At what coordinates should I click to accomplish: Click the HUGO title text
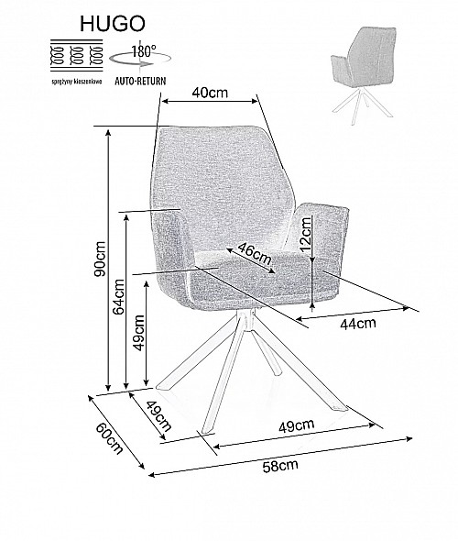pyautogui.click(x=113, y=24)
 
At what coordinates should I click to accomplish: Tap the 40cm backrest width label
pyautogui.click(x=210, y=93)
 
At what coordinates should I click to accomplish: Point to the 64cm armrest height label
pyautogui.click(x=119, y=296)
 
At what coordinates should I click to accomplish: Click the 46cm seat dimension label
pyautogui.click(x=255, y=253)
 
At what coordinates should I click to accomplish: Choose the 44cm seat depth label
pyautogui.click(x=358, y=324)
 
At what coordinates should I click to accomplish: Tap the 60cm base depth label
pyautogui.click(x=109, y=437)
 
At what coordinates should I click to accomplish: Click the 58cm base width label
pyautogui.click(x=280, y=466)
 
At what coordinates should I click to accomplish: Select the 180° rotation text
pyautogui.click(x=145, y=51)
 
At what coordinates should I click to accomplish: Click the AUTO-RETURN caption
pyautogui.click(x=140, y=81)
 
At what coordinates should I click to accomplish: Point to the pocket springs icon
pyautogui.click(x=77, y=56)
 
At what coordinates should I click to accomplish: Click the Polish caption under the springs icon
pyautogui.click(x=77, y=82)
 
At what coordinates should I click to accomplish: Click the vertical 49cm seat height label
pyautogui.click(x=139, y=332)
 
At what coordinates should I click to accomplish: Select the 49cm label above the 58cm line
pyautogui.click(x=297, y=426)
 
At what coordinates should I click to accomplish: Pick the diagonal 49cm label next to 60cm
pyautogui.click(x=158, y=416)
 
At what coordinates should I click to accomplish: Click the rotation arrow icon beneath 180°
pyautogui.click(x=140, y=60)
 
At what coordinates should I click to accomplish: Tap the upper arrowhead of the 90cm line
pyautogui.click(x=109, y=132)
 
